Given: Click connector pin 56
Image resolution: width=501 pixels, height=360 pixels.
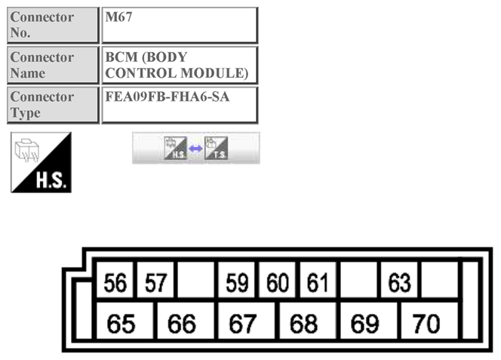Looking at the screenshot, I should [115, 283].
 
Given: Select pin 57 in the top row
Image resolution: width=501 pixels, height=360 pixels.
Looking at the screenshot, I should [156, 283].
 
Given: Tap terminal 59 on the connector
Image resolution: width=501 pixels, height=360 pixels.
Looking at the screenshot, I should [237, 283].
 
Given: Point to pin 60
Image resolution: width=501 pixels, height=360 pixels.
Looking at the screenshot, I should [278, 283].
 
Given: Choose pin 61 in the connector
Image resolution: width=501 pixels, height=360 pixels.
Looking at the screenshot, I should [318, 283].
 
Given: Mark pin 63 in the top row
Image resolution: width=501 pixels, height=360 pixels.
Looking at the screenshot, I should [399, 283].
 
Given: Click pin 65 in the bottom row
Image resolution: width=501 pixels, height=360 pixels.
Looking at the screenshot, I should [121, 324].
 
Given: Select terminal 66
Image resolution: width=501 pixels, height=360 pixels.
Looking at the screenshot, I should [182, 324].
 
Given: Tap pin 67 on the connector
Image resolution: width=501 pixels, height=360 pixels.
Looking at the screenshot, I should [243, 324].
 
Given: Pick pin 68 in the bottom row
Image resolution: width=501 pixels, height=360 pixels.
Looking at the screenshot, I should [304, 324].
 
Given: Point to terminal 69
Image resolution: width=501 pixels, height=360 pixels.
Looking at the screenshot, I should [365, 324].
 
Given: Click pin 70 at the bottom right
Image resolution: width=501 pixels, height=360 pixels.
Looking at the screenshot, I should [426, 324].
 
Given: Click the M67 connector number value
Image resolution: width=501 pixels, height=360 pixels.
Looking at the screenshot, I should [180, 25].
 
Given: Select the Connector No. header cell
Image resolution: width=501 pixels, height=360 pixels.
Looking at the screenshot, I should [53, 25].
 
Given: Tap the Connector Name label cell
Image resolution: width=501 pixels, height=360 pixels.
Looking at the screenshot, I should [53, 65].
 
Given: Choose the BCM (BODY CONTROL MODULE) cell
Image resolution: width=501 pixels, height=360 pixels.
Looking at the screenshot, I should [180, 65].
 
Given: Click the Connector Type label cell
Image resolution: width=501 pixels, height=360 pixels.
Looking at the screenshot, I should [53, 105].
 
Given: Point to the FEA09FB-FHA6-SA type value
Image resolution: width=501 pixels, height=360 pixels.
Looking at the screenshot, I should [180, 105].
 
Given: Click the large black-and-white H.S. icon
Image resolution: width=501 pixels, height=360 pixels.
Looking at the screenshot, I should [41, 162].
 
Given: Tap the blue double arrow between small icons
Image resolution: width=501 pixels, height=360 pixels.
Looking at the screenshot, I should [196, 149].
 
